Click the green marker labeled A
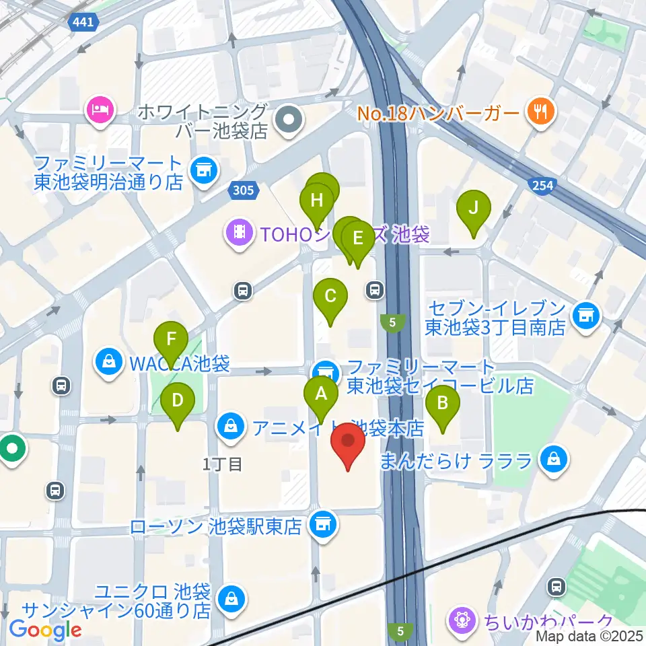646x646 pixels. click(x=321, y=394)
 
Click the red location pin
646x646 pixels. click(x=348, y=442)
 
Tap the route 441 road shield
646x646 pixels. click(x=84, y=23)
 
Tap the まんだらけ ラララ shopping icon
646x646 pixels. click(x=553, y=460)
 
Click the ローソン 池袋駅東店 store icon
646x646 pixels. click(x=322, y=524)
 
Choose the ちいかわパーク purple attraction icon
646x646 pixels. click(x=462, y=618)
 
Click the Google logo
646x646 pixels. click(x=46, y=631)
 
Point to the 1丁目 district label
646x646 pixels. click(x=222, y=464)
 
